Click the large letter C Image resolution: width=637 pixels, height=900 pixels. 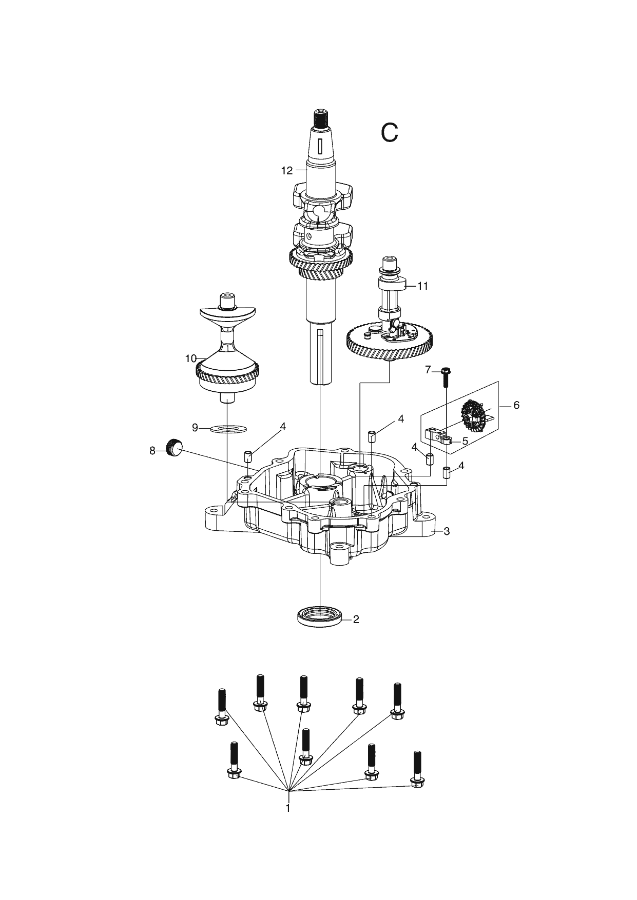click(390, 132)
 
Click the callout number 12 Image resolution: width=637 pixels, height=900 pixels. click(286, 171)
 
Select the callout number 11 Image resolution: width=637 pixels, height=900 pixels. click(422, 286)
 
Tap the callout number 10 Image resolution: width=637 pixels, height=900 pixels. click(191, 358)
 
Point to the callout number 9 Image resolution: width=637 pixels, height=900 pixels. click(195, 427)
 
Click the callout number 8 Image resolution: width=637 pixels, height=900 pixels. click(152, 451)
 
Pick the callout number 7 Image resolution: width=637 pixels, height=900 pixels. click(428, 370)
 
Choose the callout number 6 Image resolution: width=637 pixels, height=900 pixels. click(516, 405)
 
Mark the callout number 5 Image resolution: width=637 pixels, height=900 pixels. click(465, 441)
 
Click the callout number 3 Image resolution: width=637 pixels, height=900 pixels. click(447, 531)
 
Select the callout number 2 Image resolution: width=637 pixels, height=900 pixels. click(356, 619)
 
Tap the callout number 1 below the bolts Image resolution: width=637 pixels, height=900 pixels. click(288, 808)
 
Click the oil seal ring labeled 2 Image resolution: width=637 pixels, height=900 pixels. click(320, 615)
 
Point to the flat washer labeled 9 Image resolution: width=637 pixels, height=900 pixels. click(228, 428)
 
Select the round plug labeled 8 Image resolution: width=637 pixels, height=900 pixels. click(174, 447)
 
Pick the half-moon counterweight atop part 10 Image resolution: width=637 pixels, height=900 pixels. click(226, 313)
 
